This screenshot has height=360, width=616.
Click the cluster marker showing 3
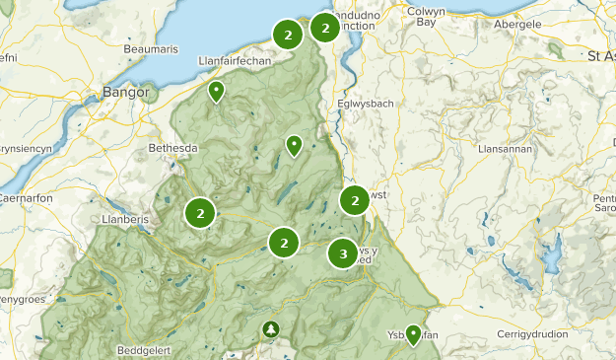[x=343, y=253]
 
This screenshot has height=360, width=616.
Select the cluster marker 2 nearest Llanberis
[x=200, y=212]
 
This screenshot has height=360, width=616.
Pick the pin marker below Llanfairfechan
[x=216, y=92]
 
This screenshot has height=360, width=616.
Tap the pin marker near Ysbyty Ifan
[x=413, y=333]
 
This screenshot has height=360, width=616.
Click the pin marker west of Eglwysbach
[x=294, y=145]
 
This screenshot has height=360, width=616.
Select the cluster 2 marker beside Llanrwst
[x=355, y=200]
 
